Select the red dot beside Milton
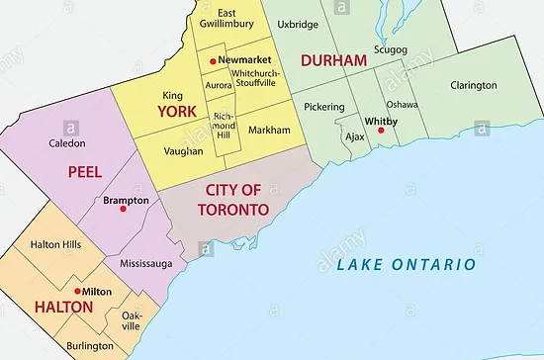(x=79, y=292)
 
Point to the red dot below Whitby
(x=381, y=130)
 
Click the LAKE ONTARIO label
(x=407, y=265)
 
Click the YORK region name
(x=177, y=112)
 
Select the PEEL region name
(x=85, y=172)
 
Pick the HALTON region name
(x=37, y=308)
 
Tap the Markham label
(x=270, y=131)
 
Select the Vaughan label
(x=183, y=151)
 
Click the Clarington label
(x=473, y=85)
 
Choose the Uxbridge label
(x=298, y=23)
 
